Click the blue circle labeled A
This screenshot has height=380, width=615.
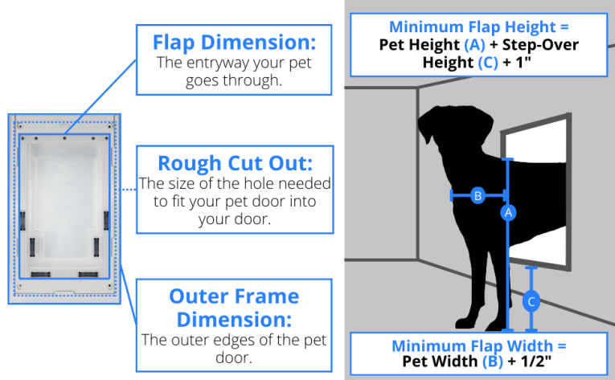[x=508, y=213]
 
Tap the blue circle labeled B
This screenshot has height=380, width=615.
[x=478, y=195]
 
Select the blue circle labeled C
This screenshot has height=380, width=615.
[x=531, y=301]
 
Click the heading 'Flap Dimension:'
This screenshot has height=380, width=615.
[x=234, y=43]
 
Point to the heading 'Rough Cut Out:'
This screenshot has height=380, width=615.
[x=236, y=163]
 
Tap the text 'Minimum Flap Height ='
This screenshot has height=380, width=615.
[x=479, y=27]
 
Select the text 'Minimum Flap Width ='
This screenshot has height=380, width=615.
[x=479, y=346]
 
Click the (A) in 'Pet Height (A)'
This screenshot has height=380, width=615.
[x=474, y=45]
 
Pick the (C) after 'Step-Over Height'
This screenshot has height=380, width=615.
[x=487, y=63]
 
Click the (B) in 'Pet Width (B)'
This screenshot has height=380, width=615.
[x=493, y=362]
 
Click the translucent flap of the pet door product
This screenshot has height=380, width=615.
[x=65, y=201]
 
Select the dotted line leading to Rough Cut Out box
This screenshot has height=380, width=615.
[x=128, y=190]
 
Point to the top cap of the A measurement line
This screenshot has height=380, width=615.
[x=507, y=159]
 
